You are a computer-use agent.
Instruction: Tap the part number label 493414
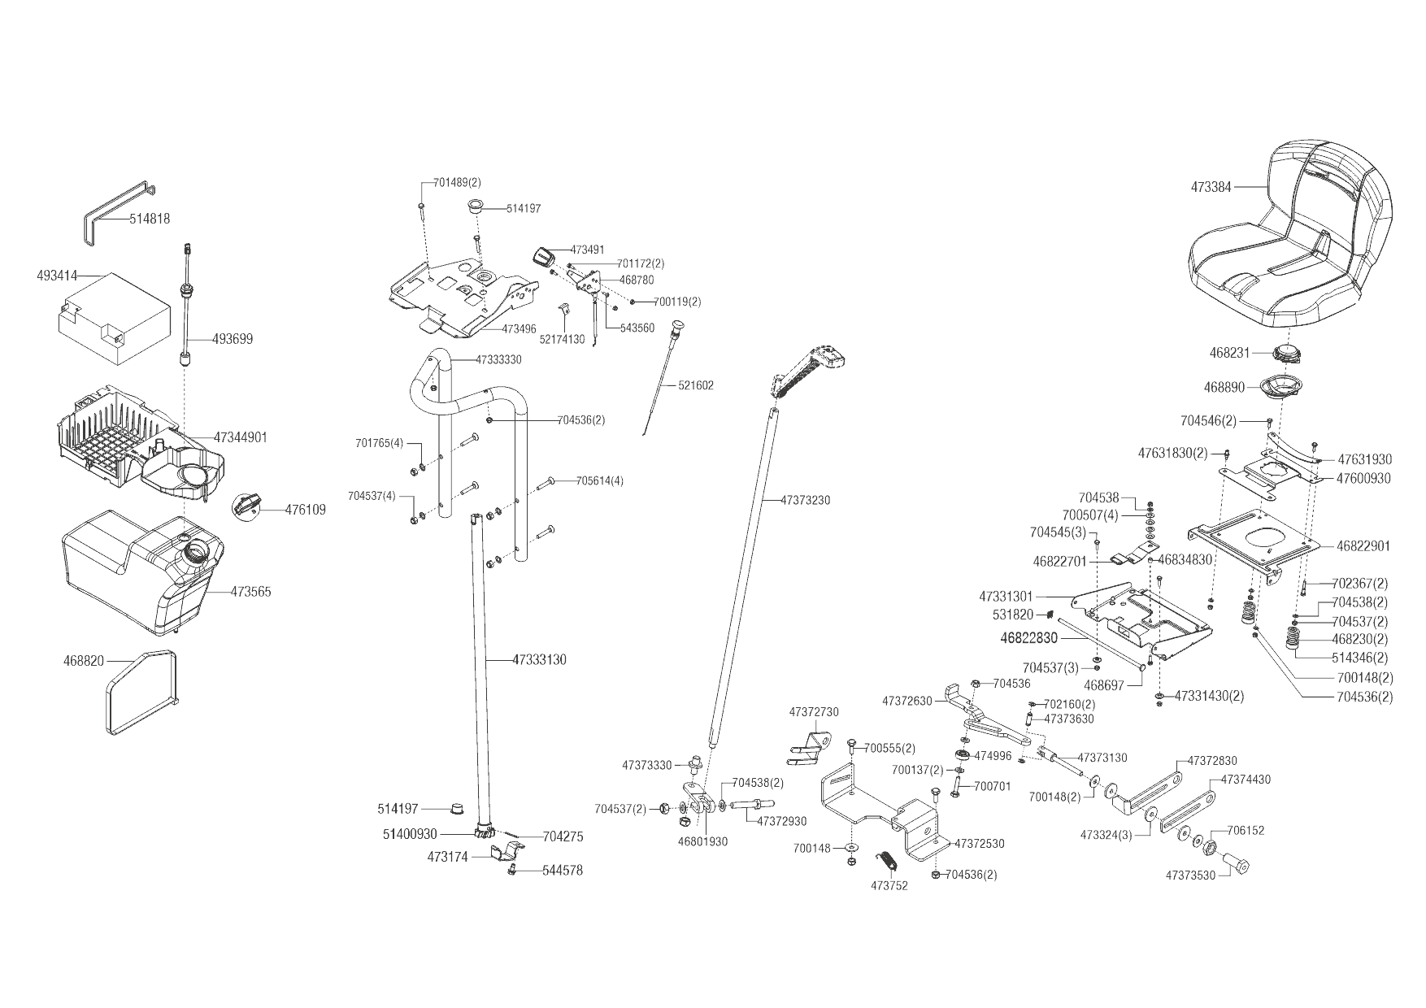56,276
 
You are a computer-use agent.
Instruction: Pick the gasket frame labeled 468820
141,691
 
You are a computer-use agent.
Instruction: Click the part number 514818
150,219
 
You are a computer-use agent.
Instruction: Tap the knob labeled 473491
542,256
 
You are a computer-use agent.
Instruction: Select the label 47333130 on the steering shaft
539,660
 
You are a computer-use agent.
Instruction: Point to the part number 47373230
805,500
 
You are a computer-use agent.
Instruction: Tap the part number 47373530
1190,875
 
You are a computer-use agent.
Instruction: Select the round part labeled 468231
1288,354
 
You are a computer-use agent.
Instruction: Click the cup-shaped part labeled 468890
1283,388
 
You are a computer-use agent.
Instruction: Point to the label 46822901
1363,546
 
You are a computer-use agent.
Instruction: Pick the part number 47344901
240,437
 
